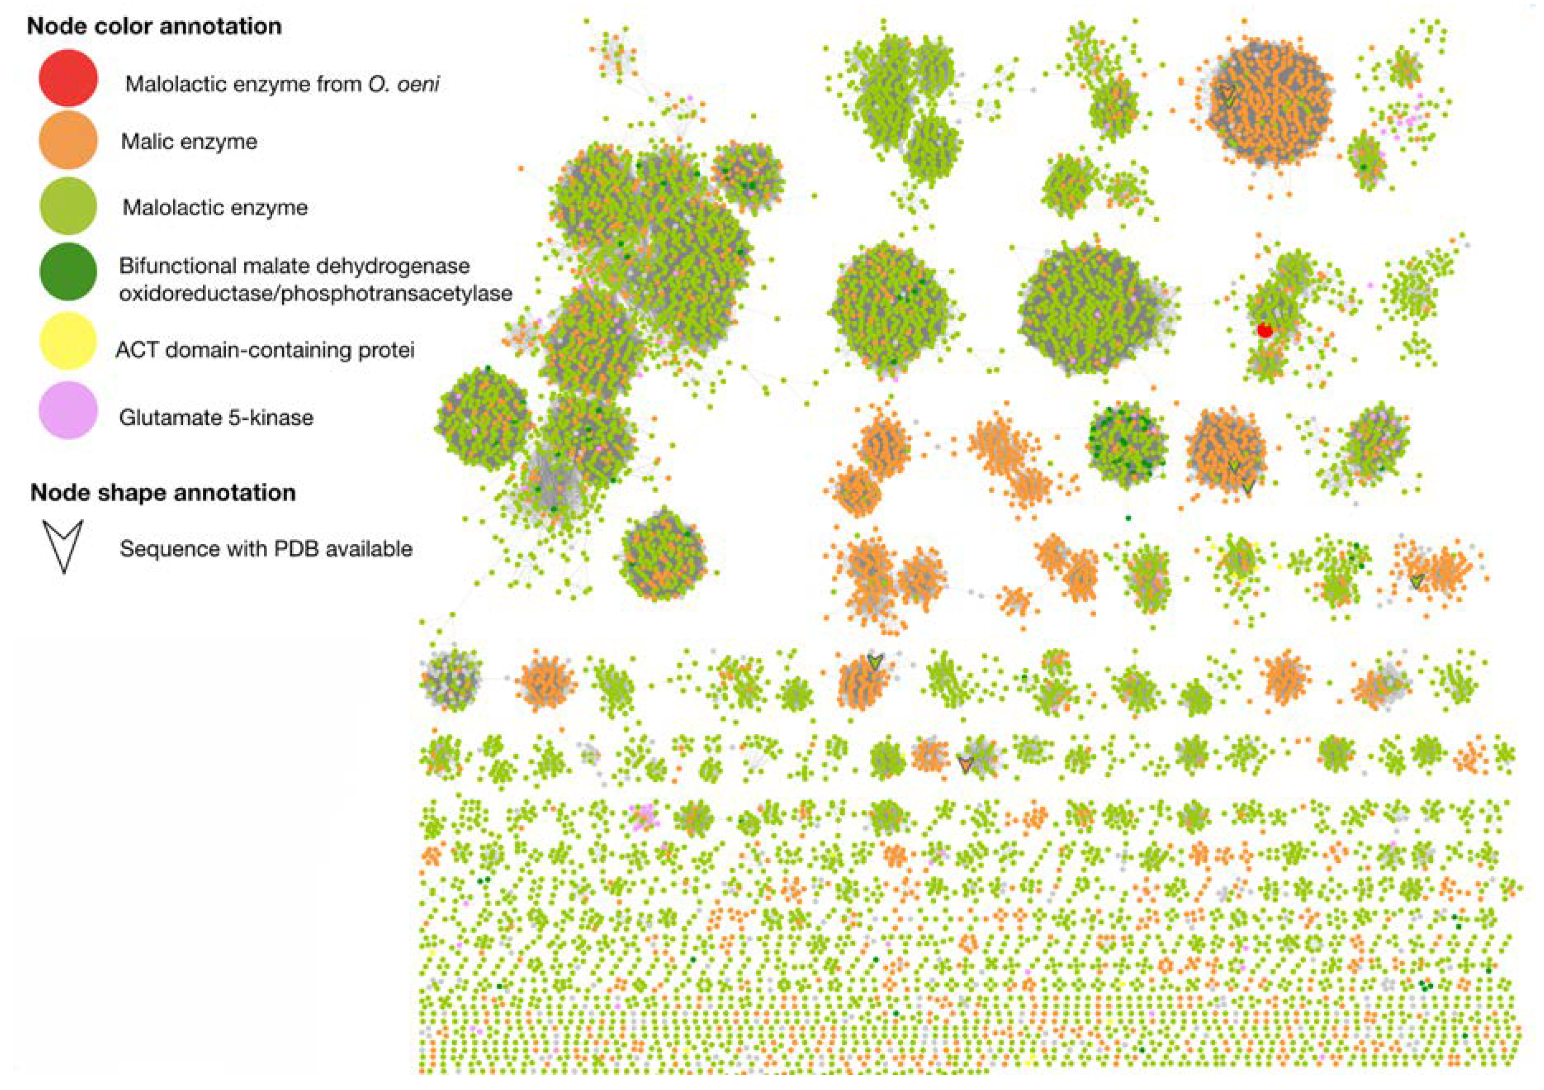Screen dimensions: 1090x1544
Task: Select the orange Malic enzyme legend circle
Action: [x=68, y=140]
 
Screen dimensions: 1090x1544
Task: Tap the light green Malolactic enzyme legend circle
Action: [x=68, y=206]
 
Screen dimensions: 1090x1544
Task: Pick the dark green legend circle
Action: [x=68, y=272]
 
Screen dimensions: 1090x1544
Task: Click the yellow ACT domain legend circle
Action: [x=68, y=341]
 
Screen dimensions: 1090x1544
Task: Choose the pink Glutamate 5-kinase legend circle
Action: [x=68, y=410]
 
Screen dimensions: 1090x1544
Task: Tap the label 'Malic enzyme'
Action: [x=189, y=142]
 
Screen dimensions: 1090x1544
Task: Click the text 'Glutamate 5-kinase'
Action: [x=216, y=418]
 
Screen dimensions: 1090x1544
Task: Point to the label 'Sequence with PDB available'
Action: [x=266, y=549]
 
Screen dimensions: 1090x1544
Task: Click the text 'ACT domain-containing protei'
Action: [x=265, y=350]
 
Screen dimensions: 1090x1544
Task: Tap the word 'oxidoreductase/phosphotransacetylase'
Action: [x=315, y=294]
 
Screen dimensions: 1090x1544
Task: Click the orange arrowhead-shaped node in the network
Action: [x=966, y=764]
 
